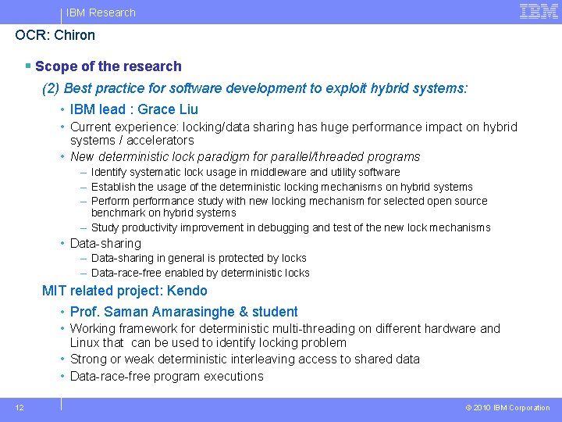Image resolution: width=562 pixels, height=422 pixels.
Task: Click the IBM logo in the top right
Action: coord(539,11)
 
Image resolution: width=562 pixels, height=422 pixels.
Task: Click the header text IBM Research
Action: coord(101,13)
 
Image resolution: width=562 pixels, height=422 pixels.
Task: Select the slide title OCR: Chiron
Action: coord(55,35)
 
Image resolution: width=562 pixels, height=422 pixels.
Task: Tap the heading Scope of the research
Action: coord(108,66)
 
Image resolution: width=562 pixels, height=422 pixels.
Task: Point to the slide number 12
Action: coord(19,407)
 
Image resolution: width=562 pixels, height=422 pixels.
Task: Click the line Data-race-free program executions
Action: coord(166,376)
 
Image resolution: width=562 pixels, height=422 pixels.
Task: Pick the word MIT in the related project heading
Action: coord(55,291)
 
